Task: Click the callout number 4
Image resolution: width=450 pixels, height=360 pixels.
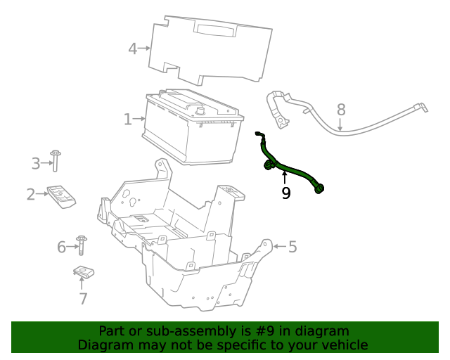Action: click(133, 49)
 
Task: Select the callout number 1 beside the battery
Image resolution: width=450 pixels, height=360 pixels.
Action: click(128, 120)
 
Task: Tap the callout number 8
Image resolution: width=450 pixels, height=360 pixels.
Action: click(341, 110)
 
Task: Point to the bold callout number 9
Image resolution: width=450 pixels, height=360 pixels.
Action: click(285, 193)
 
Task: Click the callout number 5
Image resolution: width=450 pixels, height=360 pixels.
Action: click(292, 246)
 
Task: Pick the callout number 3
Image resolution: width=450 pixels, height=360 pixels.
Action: click(36, 164)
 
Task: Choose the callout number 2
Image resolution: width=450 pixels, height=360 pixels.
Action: click(31, 194)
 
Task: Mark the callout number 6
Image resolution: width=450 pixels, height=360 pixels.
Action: click(61, 247)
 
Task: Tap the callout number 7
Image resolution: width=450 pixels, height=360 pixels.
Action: click(83, 299)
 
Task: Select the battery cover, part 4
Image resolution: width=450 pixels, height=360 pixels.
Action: click(211, 49)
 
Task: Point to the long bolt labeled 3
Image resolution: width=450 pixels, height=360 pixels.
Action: click(55, 161)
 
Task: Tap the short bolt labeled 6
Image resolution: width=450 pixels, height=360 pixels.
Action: click(82, 245)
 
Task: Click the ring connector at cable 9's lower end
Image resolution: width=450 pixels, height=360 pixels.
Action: click(321, 188)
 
